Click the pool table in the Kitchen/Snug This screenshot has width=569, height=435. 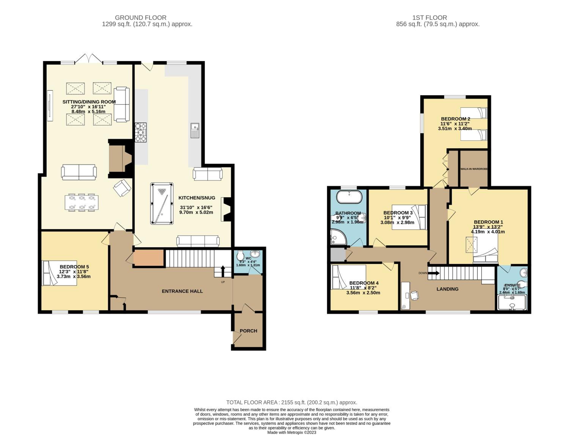162,203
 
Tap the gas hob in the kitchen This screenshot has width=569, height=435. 140,132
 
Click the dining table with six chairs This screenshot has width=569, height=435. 82,202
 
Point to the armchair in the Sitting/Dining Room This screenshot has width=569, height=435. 122,188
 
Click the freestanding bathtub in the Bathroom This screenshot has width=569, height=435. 349,197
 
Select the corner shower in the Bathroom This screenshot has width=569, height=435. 338,237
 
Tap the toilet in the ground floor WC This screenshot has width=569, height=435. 240,256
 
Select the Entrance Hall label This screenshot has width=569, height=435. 182,291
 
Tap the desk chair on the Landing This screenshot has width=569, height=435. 414,295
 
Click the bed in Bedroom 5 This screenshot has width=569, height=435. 59,273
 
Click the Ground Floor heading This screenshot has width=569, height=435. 141,18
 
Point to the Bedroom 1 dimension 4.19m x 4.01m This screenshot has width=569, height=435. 488,232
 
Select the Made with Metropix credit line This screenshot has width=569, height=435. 292,432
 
